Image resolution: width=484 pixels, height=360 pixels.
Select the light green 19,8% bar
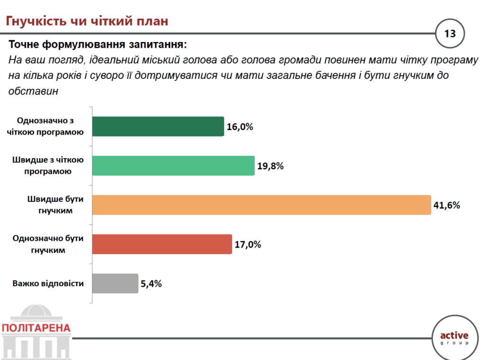[x=173, y=166]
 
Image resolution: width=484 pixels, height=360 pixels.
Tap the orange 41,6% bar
[x=261, y=205]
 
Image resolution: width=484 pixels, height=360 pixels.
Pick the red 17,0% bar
[x=162, y=244]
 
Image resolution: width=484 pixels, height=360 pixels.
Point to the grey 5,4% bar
[x=115, y=283]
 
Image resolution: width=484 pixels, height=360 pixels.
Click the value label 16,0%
[x=240, y=127]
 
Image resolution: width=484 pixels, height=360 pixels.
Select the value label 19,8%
[x=270, y=166]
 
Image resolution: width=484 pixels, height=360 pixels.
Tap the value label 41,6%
[x=447, y=206]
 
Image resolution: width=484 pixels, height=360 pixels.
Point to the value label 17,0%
[x=248, y=245]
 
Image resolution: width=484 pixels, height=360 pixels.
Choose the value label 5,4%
[x=151, y=284]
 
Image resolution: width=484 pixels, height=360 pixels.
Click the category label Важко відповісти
[x=48, y=284]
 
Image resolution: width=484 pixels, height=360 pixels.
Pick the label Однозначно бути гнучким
[x=48, y=244]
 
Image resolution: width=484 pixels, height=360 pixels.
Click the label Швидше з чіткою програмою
[x=48, y=166]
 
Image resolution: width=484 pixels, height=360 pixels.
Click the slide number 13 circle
[x=449, y=34]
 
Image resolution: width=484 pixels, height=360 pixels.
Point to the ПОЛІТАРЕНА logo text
[x=36, y=328]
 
